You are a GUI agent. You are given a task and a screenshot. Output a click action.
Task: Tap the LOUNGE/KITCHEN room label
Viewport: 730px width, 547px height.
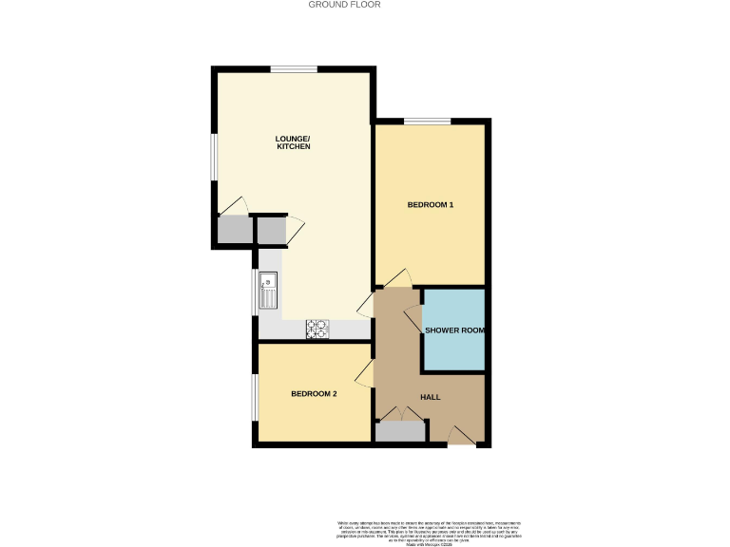293,142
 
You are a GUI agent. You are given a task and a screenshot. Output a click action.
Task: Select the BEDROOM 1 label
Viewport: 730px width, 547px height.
430,204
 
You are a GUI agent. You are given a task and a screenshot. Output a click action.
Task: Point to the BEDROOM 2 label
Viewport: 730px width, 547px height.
314,394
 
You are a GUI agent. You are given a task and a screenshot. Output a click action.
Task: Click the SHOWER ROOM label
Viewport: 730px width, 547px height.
454,330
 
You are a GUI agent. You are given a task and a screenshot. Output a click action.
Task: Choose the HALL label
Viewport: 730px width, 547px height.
430,397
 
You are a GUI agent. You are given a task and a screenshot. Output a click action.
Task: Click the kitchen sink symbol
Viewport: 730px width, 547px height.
268,288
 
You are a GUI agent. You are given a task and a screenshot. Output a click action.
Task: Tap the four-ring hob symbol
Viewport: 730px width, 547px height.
317,329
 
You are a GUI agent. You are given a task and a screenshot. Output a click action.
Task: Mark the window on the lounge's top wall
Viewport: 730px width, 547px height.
293,68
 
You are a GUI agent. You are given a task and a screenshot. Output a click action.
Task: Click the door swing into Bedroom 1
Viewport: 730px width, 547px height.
398,277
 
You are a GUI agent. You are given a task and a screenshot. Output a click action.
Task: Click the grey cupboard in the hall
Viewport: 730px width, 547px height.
399,432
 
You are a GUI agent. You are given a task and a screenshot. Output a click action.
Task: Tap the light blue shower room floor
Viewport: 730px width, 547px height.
453,351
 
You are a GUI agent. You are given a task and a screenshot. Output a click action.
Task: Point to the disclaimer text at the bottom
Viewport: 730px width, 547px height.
432,532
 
